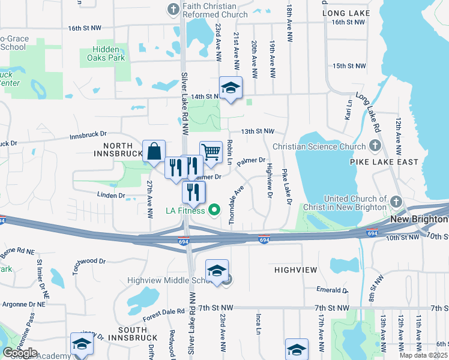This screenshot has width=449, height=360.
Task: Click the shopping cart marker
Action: pos(211,152)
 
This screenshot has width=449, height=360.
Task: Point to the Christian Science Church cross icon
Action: pos(375,146)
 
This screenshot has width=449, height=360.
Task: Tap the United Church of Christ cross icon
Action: pos(396,202)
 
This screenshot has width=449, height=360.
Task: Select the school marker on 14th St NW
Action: pos(231,88)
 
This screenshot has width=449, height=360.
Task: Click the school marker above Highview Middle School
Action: pos(217,270)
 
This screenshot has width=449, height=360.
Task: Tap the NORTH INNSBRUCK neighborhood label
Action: pos(118,149)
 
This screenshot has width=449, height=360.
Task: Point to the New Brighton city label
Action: pos(419,219)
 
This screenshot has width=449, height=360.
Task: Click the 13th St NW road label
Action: pos(258,131)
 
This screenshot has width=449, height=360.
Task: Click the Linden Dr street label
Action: pos(112,195)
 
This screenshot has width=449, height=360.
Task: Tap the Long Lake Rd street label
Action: pos(368,112)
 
